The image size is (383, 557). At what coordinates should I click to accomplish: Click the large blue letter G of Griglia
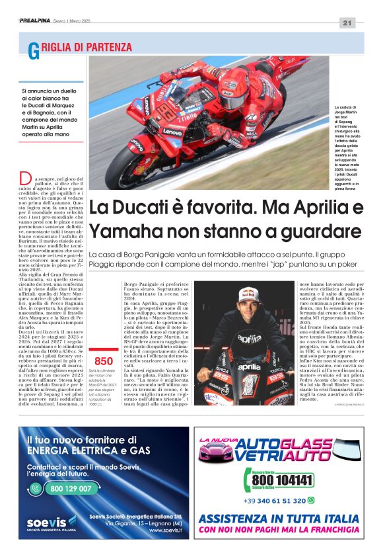pyautogui.click(x=33, y=50)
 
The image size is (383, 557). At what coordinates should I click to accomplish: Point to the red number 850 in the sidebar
pyautogui.click(x=104, y=361)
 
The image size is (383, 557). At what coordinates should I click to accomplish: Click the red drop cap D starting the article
pyautogui.click(x=25, y=178)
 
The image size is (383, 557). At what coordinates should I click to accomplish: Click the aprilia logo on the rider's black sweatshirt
pyautogui.click(x=249, y=339)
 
